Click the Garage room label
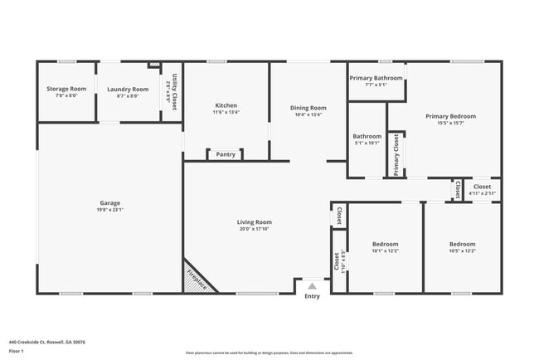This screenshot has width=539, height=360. (110, 202)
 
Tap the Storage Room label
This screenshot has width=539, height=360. (66, 89)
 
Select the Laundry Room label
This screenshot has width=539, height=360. (128, 89)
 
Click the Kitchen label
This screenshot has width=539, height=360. (226, 105)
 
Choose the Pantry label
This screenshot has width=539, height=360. (226, 154)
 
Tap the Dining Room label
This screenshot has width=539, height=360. (308, 108)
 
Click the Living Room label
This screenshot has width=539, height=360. (255, 221)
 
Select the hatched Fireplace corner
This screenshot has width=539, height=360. (197, 276)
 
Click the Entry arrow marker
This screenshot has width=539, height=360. (312, 285)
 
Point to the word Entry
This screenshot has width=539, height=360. (312, 296)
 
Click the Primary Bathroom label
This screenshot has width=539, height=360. (376, 78)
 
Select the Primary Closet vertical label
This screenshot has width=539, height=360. (396, 155)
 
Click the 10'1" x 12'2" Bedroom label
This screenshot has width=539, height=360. (385, 244)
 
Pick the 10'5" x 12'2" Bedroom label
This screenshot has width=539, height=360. (462, 244)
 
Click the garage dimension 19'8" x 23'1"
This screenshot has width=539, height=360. (110, 210)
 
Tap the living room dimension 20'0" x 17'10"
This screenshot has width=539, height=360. (255, 229)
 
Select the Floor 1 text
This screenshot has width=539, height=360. (17, 351)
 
